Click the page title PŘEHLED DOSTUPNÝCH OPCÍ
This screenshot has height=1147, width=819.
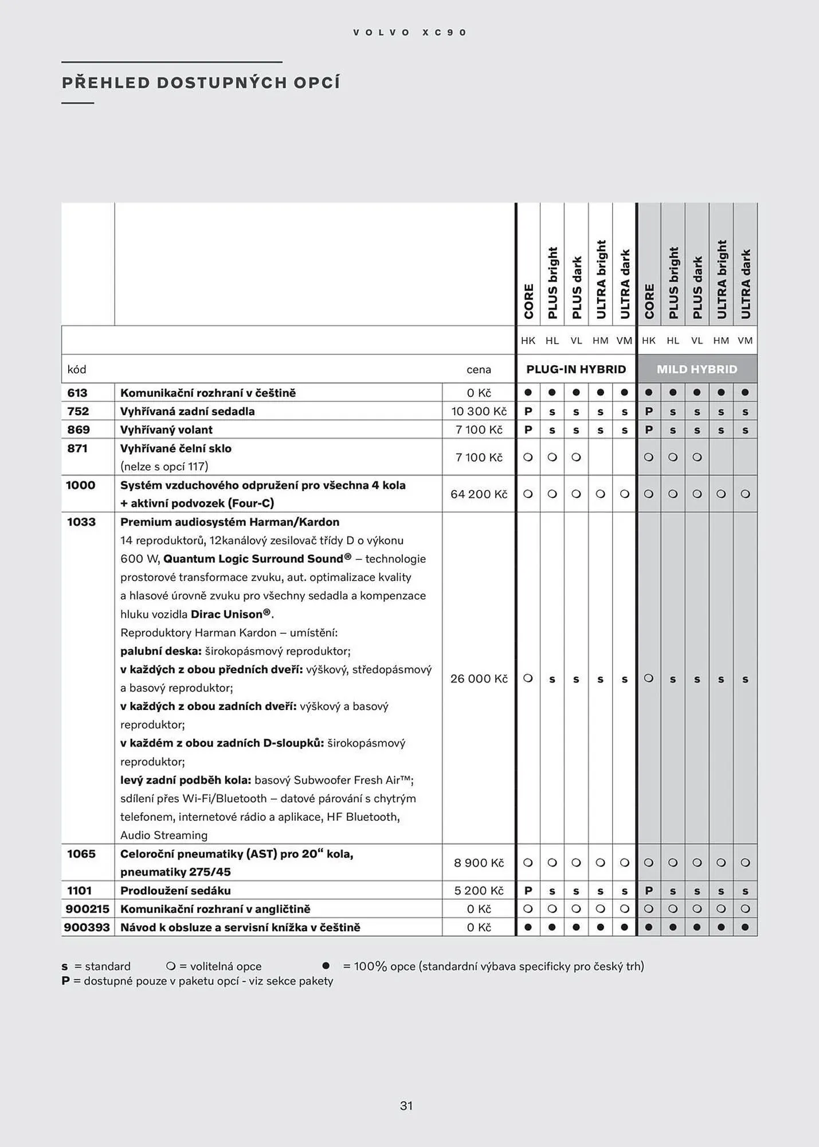201,83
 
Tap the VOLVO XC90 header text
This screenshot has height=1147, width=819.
410,33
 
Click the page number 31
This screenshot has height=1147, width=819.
406,1106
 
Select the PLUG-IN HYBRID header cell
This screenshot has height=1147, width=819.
576,369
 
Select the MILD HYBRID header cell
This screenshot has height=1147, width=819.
697,369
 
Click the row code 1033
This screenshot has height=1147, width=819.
81,522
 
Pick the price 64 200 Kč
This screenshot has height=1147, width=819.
479,494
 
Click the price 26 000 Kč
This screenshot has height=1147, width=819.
479,678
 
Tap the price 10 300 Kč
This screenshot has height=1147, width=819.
479,411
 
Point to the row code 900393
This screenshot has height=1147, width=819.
87,927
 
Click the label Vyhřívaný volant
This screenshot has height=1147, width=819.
166,430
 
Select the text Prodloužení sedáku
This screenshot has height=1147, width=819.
175,891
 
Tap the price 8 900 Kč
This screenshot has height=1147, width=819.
479,863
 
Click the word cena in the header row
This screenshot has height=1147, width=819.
479,370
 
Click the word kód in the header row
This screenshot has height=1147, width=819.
77,370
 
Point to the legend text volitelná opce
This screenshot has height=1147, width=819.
225,966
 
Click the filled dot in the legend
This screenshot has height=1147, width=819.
326,966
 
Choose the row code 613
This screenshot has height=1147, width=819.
77,393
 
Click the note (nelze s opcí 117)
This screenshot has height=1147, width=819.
164,466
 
